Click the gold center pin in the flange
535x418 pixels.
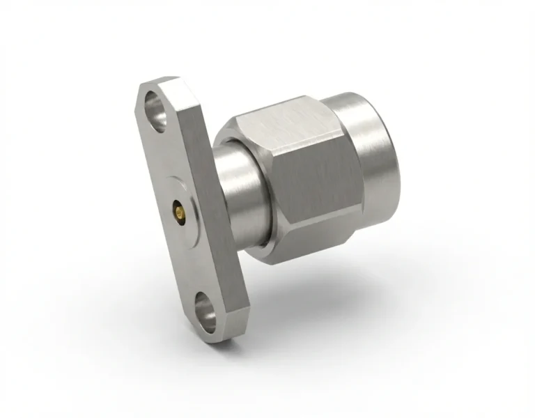coord(179,208)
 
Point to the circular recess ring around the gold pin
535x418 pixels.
coord(174,196)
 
